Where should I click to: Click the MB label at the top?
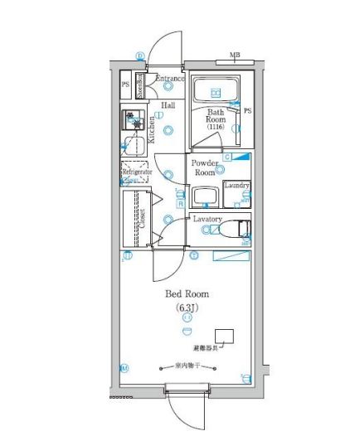(235, 56)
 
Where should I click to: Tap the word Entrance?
(170, 78)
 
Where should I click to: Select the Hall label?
(168, 106)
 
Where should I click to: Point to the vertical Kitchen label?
(153, 130)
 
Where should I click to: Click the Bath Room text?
(216, 117)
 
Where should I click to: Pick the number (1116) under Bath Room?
(216, 126)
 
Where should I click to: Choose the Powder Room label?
(204, 168)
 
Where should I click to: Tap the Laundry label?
(236, 186)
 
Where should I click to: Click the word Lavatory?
(207, 219)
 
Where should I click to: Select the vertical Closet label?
(142, 218)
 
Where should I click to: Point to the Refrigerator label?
(136, 172)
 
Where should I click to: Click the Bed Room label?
(187, 294)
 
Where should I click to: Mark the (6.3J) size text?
(187, 308)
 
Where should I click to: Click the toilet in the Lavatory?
(241, 230)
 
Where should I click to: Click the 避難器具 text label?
(207, 348)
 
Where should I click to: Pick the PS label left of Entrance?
(125, 85)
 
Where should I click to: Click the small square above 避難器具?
(224, 336)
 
